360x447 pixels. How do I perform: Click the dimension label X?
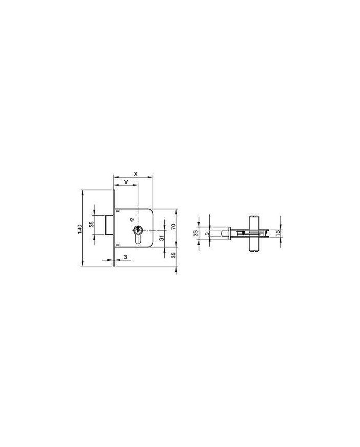pyautogui.click(x=136, y=174)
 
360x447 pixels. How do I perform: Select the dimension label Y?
pyautogui.click(x=125, y=182)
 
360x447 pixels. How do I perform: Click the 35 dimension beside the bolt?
pyautogui.click(x=92, y=224)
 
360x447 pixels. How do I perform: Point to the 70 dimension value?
pyautogui.click(x=173, y=227)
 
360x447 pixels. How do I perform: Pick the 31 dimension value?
pyautogui.click(x=161, y=238)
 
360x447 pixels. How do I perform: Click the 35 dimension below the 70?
pyautogui.click(x=173, y=255)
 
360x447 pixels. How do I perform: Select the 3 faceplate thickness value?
pyautogui.click(x=125, y=257)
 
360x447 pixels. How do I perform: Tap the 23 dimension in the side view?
pyautogui.click(x=196, y=233)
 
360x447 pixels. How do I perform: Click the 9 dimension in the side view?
pyautogui.click(x=207, y=233)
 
